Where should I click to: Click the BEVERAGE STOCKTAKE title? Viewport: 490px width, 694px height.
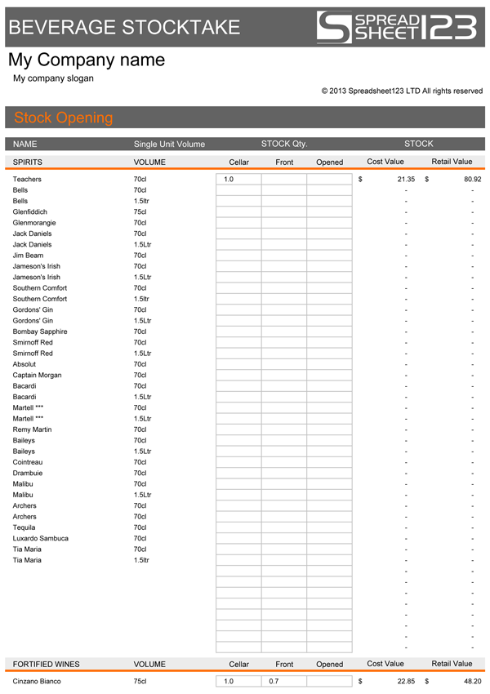(123, 27)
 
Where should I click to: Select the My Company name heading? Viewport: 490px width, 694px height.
(87, 60)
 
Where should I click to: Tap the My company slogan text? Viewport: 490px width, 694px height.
(53, 78)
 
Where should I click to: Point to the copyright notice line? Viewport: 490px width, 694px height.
(402, 91)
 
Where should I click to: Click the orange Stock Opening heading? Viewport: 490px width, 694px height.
(64, 118)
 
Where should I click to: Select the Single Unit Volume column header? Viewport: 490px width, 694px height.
(169, 144)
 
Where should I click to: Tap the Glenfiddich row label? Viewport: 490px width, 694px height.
(30, 211)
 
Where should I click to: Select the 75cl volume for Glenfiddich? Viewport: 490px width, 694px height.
(140, 211)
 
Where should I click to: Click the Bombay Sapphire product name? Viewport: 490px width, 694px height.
(40, 331)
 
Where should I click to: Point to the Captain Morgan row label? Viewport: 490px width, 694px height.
(38, 375)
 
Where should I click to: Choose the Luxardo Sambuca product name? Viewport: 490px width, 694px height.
(41, 538)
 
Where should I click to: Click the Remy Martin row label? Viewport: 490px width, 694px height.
(32, 429)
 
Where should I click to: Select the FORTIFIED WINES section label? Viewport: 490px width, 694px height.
(47, 664)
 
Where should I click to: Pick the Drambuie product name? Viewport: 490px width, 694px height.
(28, 473)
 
